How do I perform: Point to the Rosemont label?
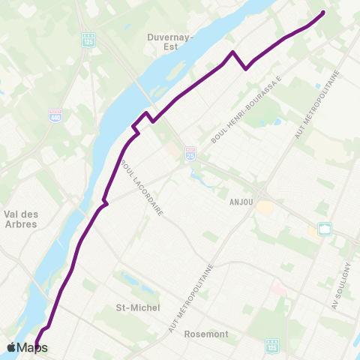(x=206, y=334)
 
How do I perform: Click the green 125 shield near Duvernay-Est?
(x=88, y=38)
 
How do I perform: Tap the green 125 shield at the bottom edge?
(x=271, y=346)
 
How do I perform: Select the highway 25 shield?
(x=190, y=151)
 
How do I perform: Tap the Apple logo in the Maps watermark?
(x=12, y=347)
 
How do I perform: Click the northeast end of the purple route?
(x=323, y=13)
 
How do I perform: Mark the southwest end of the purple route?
(x=36, y=345)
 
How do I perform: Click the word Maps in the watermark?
(x=33, y=348)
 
